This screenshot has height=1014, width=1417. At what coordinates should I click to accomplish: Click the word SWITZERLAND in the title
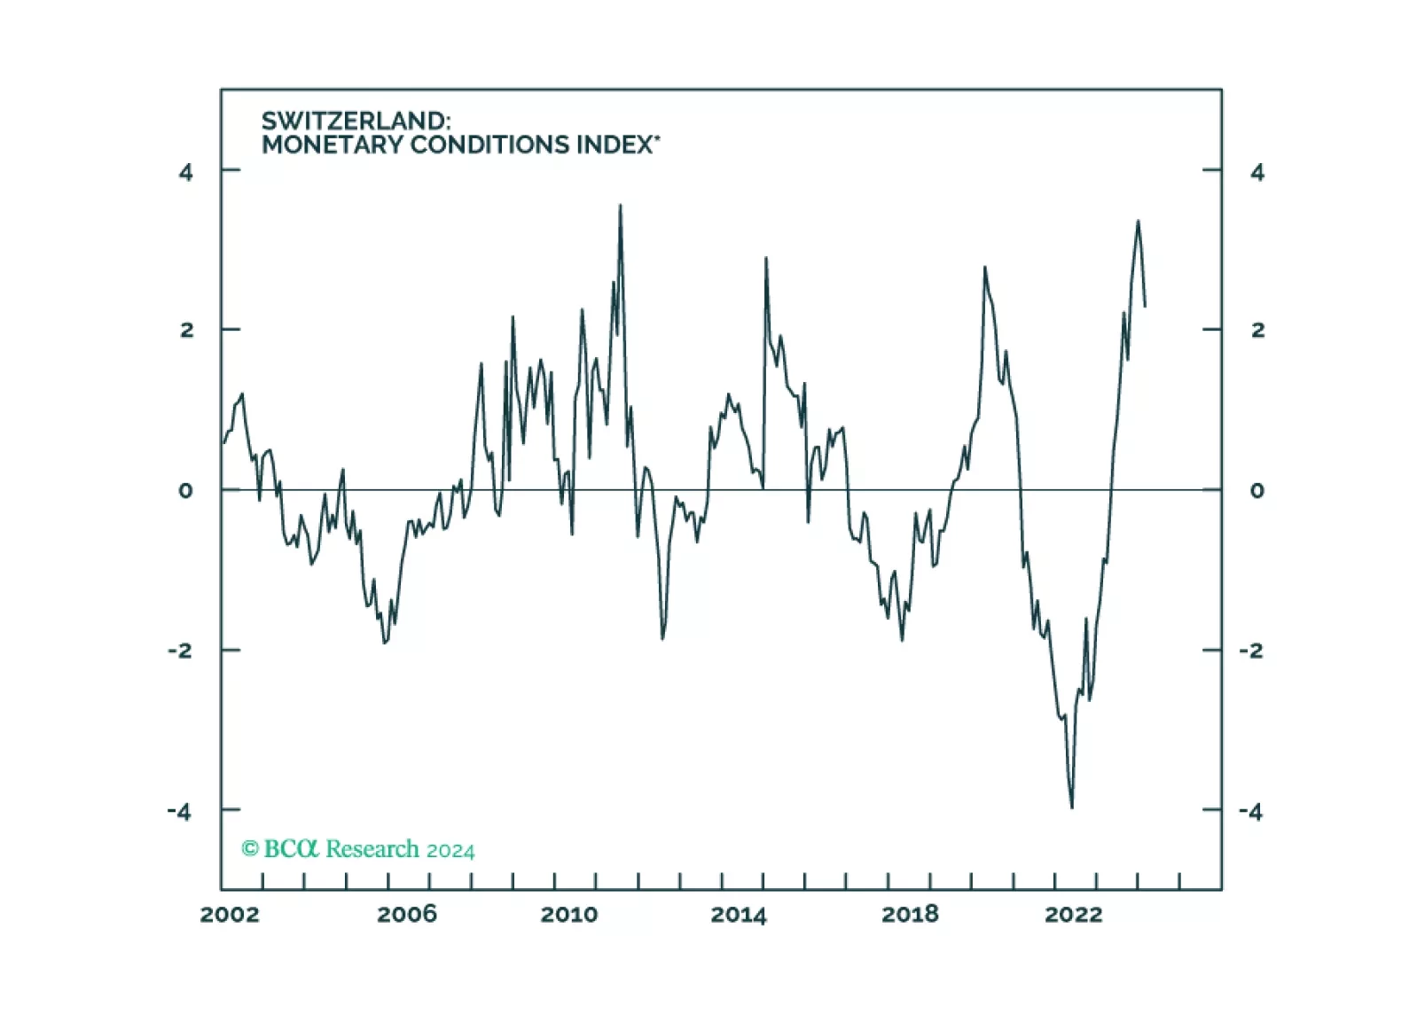click(355, 121)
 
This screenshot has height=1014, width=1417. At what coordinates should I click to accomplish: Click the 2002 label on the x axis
click(230, 915)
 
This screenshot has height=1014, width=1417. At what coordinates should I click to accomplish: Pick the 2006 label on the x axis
click(406, 915)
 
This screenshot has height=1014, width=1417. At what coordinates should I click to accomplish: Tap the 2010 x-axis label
click(569, 915)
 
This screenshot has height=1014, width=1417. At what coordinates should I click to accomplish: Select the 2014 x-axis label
click(738, 915)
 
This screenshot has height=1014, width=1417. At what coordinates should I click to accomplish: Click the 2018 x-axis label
click(910, 915)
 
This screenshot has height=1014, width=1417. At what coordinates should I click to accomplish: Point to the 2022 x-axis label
click(1074, 915)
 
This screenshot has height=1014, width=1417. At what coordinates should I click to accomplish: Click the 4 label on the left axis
click(185, 172)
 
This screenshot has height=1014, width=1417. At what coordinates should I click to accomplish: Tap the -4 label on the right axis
click(1250, 811)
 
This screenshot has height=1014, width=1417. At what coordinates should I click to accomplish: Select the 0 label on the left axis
click(185, 490)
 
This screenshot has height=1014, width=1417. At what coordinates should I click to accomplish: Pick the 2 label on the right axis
click(1257, 330)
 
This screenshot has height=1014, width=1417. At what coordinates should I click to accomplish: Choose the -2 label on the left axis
click(180, 651)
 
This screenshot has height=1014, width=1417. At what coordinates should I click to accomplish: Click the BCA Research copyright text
click(358, 849)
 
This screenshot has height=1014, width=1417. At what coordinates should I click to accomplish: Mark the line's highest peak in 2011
click(620, 206)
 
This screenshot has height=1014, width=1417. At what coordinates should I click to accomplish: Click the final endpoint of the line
click(1145, 307)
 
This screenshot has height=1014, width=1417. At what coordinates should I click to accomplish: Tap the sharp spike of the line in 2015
click(765, 258)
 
